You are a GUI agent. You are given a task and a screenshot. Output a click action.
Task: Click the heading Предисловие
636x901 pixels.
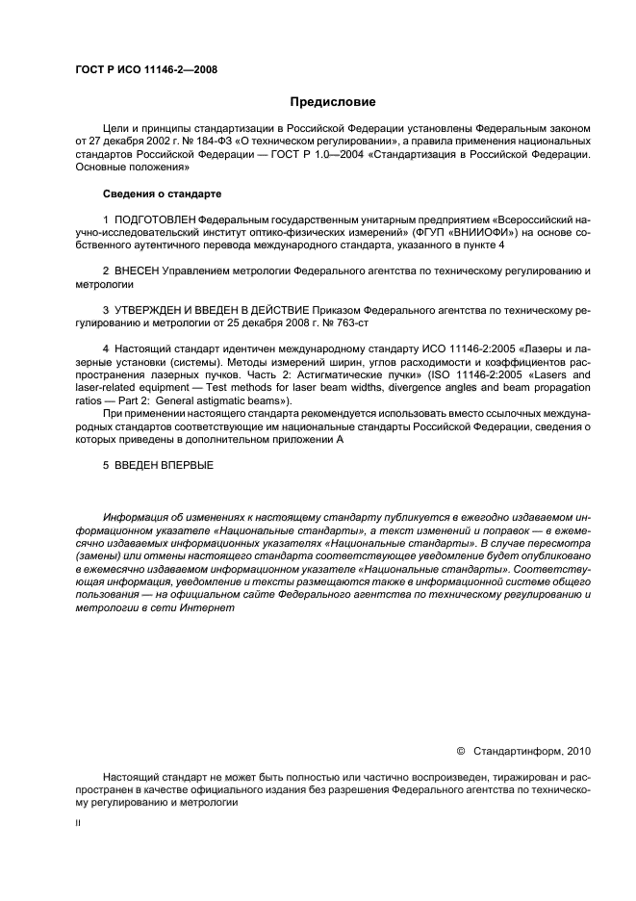[x=333, y=102]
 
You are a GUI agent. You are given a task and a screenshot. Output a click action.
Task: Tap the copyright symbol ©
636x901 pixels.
[x=460, y=749]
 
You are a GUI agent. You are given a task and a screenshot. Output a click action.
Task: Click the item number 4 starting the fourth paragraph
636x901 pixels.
[x=105, y=351]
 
